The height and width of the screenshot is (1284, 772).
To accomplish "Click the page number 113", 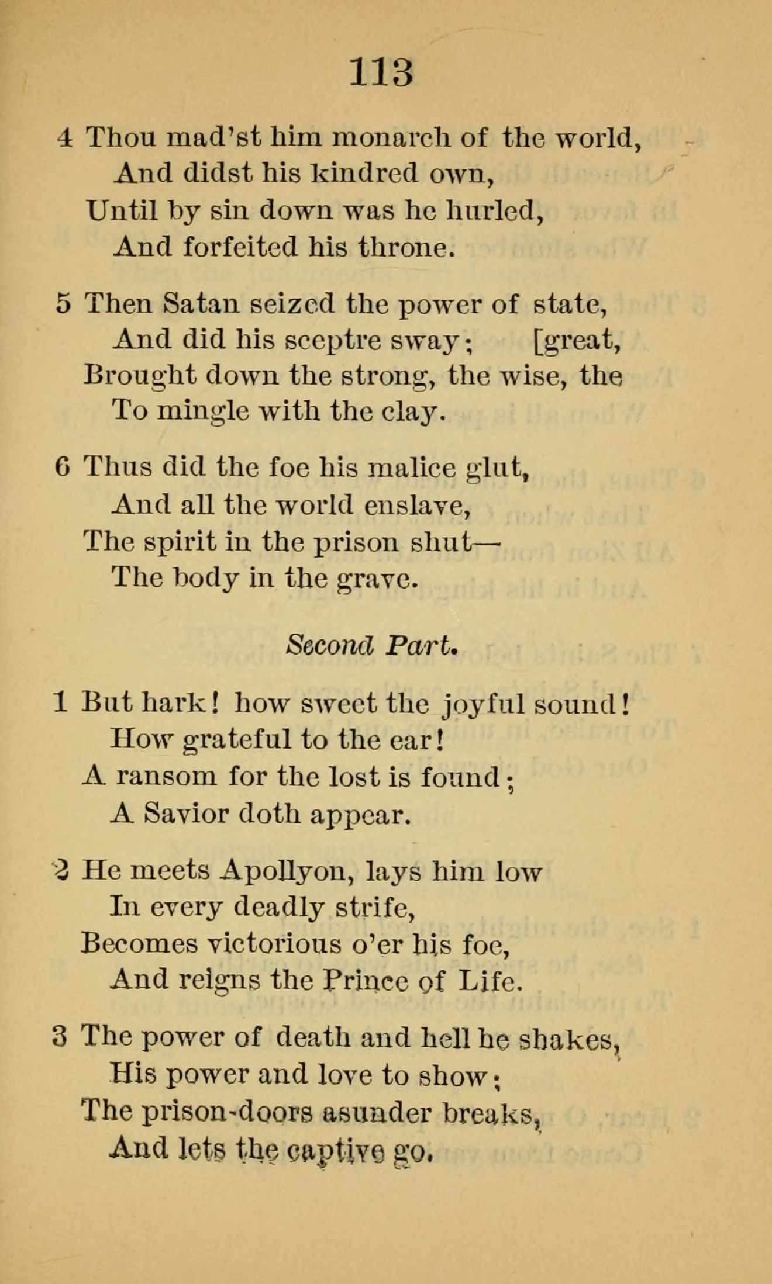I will point(381,73).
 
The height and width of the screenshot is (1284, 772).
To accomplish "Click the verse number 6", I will point(63,468).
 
